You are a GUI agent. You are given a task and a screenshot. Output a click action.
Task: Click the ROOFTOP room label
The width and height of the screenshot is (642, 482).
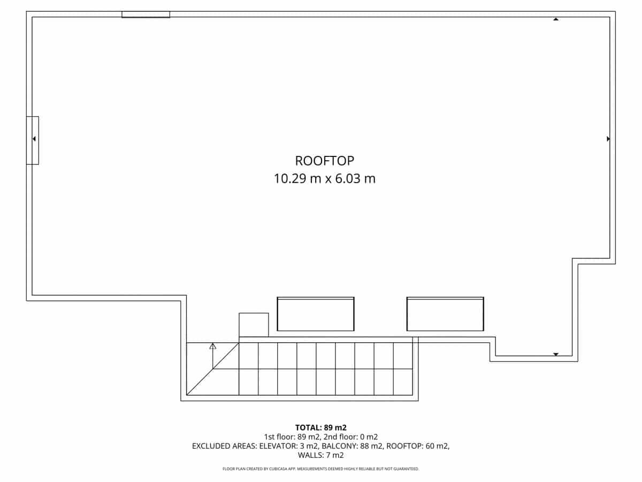coord(324,161)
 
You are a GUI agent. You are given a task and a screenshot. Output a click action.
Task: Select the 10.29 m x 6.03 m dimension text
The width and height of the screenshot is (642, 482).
coord(324,179)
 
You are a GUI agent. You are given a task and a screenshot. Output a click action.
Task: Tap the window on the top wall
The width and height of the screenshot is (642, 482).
coord(146,14)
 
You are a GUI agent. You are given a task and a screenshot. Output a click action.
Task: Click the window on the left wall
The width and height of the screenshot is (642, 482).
coord(33,140)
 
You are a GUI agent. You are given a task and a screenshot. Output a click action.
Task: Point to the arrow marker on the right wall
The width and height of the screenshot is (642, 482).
coord(608,139)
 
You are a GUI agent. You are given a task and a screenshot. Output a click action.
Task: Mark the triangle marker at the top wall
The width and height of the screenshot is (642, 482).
coord(556,19)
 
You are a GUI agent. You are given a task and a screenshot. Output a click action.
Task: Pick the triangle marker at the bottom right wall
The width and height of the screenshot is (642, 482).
coord(556,355)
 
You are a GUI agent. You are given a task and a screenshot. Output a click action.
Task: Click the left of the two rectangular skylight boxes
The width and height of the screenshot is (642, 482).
coord(316,314)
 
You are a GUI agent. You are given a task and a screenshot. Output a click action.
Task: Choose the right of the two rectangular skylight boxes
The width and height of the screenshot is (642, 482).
coord(445,314)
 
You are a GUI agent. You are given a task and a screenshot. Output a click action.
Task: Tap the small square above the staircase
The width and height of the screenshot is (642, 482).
coord(254,325)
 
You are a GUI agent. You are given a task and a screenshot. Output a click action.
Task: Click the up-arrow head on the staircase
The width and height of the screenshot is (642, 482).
coord(213,347)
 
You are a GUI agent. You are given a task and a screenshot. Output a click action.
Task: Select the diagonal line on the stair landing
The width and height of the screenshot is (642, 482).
coord(212,369)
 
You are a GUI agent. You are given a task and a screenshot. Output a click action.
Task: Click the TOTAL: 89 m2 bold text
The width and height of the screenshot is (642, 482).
coord(321,427)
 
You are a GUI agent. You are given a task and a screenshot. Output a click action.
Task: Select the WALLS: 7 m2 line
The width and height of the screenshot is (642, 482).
coord(321,455)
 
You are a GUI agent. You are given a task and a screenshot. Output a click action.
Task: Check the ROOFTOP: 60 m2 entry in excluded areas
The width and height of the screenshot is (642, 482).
coord(417,446)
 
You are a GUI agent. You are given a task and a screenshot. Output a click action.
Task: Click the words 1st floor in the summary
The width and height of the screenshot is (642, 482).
coord(278,436)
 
